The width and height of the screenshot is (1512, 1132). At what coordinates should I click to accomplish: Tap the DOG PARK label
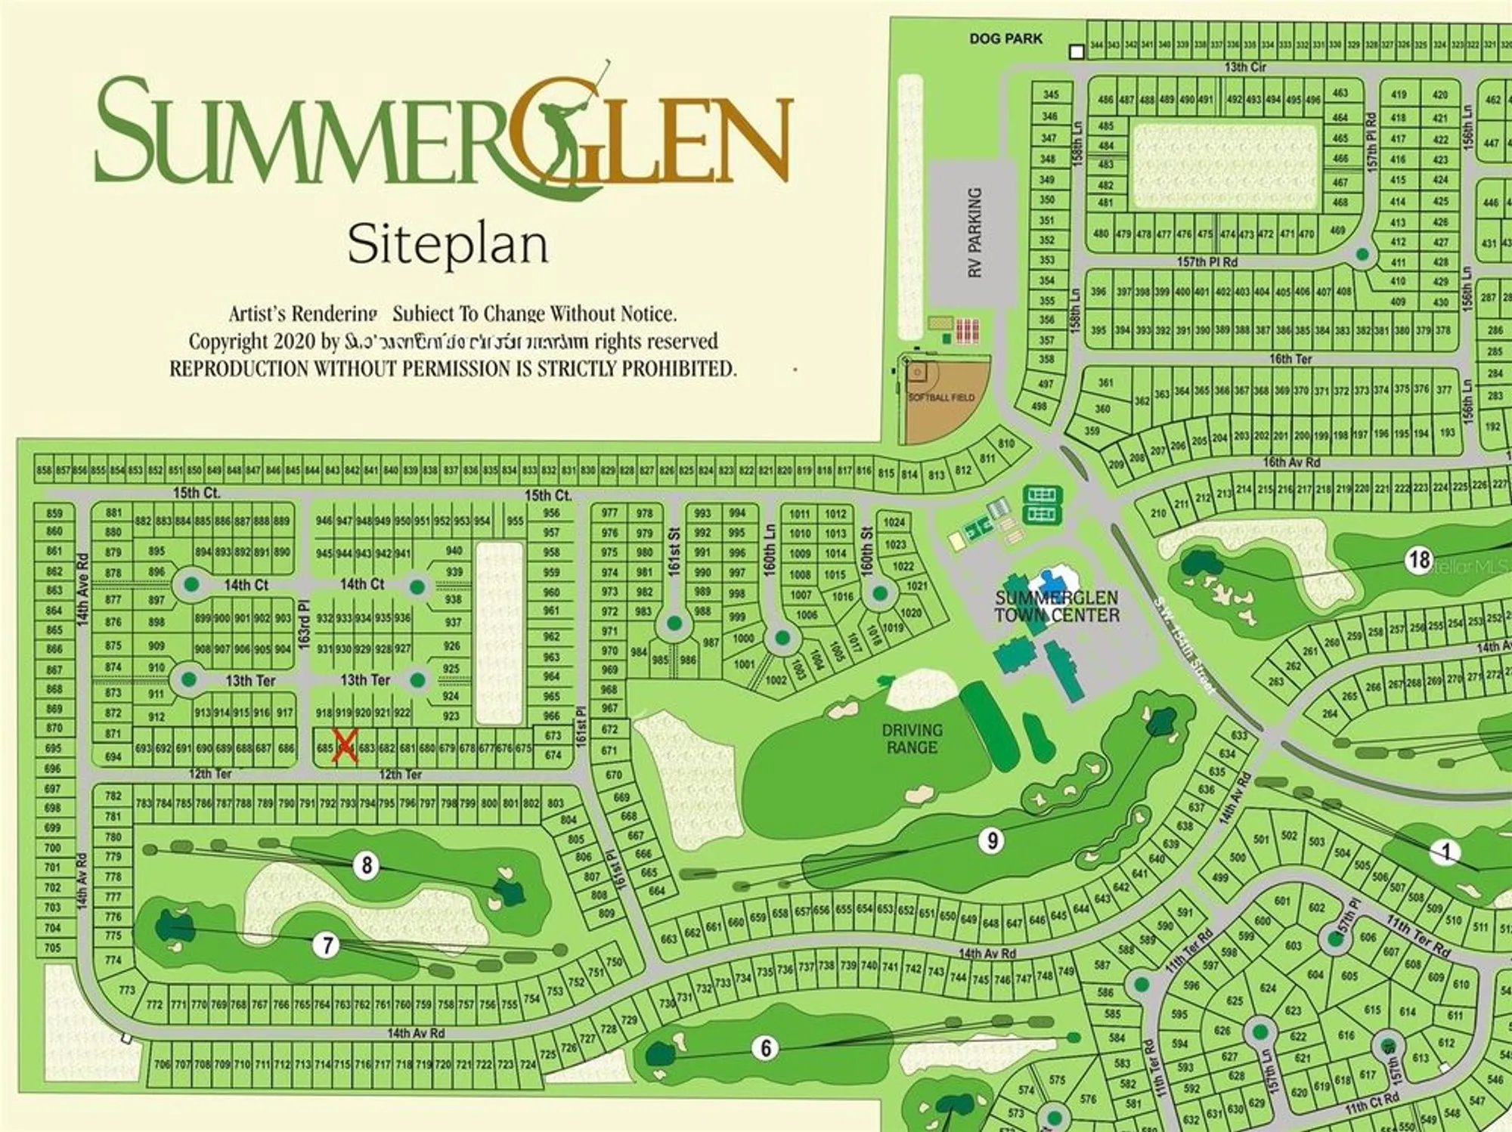(x=1005, y=39)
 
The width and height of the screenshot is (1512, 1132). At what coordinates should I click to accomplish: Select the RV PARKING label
(x=974, y=232)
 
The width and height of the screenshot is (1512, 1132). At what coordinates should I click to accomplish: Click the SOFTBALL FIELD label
(x=941, y=397)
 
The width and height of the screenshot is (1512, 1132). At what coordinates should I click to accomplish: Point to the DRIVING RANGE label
(x=912, y=738)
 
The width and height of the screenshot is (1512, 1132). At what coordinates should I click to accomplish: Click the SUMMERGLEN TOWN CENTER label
(x=1056, y=606)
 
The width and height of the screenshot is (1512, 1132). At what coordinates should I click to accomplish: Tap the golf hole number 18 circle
(x=1419, y=560)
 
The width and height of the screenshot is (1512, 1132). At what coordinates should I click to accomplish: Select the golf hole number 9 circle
(x=992, y=840)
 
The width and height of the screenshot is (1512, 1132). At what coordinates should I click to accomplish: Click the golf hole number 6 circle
(x=766, y=1048)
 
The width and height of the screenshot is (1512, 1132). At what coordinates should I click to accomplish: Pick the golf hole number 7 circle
(x=327, y=945)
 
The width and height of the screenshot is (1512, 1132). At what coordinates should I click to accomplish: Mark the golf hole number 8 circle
(x=367, y=865)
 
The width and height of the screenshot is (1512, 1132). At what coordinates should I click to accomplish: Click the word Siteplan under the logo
(x=448, y=245)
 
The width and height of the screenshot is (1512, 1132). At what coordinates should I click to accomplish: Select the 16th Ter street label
(x=1290, y=359)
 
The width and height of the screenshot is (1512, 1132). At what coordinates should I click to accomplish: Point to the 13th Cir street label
(x=1245, y=67)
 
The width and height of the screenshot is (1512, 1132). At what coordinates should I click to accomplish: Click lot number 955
(x=515, y=521)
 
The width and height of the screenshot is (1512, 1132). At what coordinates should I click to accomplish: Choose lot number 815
(x=885, y=473)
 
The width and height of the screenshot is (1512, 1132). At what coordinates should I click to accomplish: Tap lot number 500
(x=1237, y=857)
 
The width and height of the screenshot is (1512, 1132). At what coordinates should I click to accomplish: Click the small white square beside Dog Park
(x=1077, y=52)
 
